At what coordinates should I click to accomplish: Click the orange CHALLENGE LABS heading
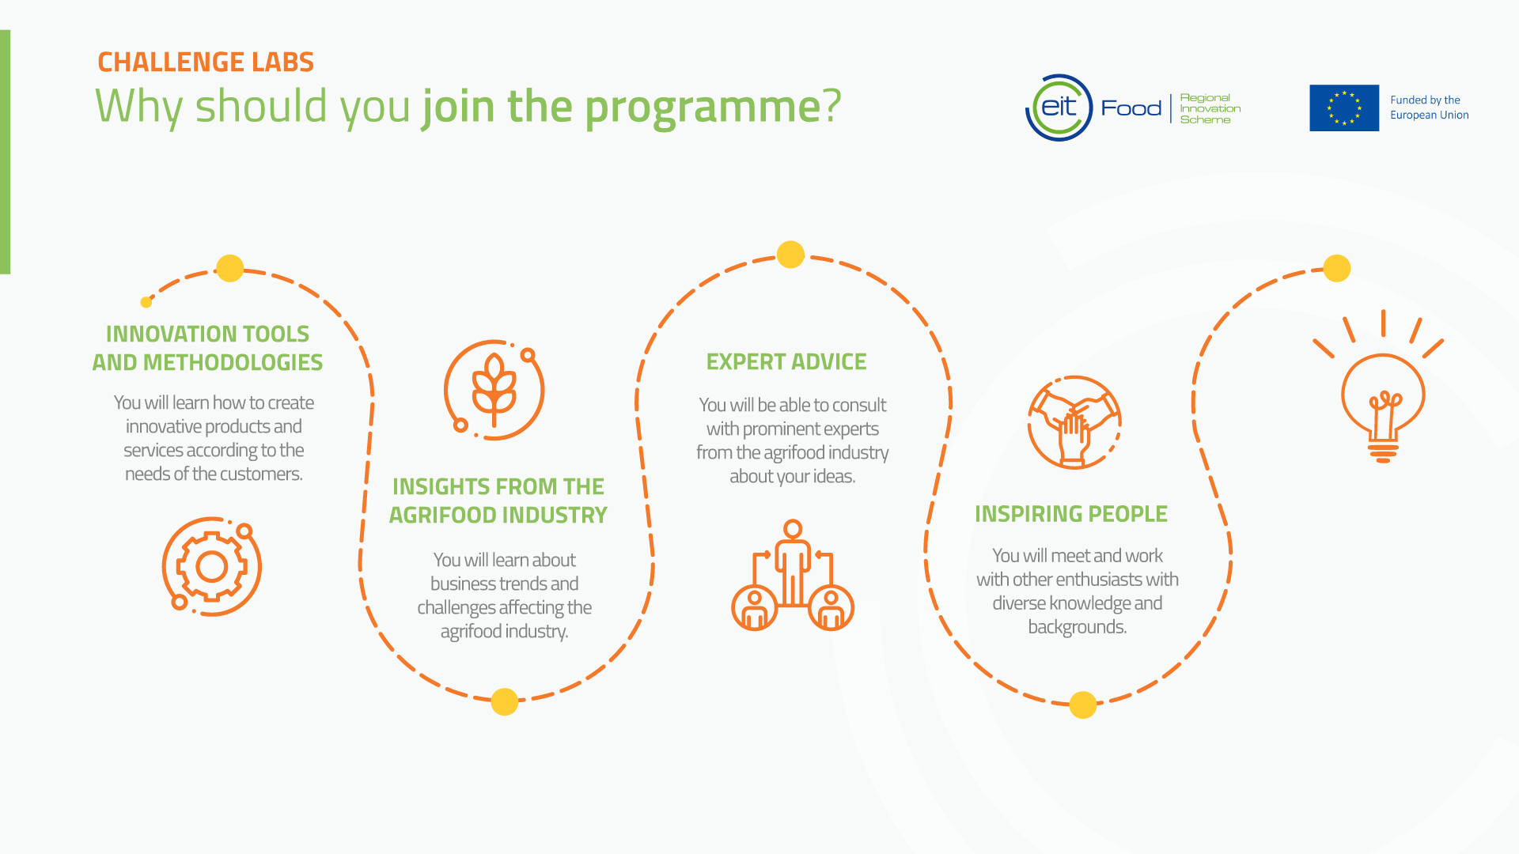point(206,62)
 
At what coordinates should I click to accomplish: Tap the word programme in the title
point(703,107)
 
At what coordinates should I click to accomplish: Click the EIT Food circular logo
point(1059,108)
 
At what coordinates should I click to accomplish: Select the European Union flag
point(1343,108)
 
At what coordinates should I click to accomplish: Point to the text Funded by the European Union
point(1429,108)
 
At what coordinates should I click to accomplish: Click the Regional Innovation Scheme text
point(1210,108)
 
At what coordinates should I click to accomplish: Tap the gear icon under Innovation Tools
point(211,566)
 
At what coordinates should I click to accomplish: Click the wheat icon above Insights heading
point(494,390)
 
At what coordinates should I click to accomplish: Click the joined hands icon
point(1074,422)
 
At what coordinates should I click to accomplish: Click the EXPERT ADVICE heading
point(786,362)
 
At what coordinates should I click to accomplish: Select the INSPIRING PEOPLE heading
point(1070,514)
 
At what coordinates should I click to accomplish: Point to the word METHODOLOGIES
point(233,362)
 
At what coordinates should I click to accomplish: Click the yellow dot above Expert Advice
point(790,255)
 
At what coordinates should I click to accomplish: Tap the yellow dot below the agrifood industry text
point(504,701)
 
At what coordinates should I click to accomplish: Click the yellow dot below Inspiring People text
point(1082,705)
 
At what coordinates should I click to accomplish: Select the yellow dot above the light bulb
point(1336,268)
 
